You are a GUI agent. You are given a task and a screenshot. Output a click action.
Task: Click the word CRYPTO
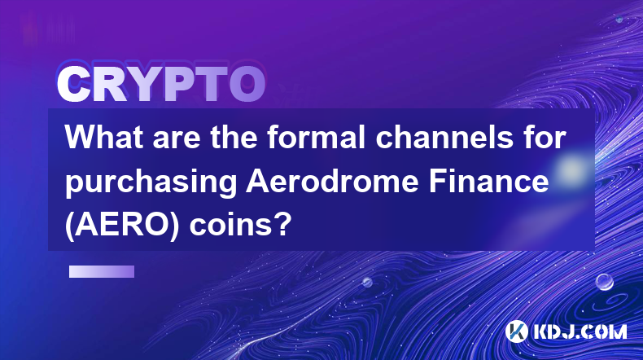tap(161, 84)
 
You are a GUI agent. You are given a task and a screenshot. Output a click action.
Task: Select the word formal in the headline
tap(316, 137)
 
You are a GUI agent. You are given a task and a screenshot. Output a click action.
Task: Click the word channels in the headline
tap(444, 137)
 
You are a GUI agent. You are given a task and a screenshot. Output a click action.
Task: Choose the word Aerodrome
tap(332, 181)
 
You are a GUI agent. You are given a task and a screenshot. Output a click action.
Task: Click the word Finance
tap(488, 181)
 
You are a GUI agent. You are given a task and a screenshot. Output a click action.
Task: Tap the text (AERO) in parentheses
tap(122, 226)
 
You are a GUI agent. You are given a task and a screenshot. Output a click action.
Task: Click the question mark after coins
tap(283, 224)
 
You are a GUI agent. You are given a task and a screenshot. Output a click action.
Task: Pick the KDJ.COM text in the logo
tap(580, 331)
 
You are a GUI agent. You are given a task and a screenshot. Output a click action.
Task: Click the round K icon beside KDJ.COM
tap(517, 331)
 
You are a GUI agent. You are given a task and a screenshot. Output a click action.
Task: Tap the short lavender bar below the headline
tap(102, 271)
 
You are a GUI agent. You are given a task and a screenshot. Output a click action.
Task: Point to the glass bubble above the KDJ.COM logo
tap(605, 282)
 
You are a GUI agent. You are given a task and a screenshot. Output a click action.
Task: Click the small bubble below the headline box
tap(367, 282)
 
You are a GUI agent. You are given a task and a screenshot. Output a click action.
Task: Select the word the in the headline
tap(234, 137)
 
